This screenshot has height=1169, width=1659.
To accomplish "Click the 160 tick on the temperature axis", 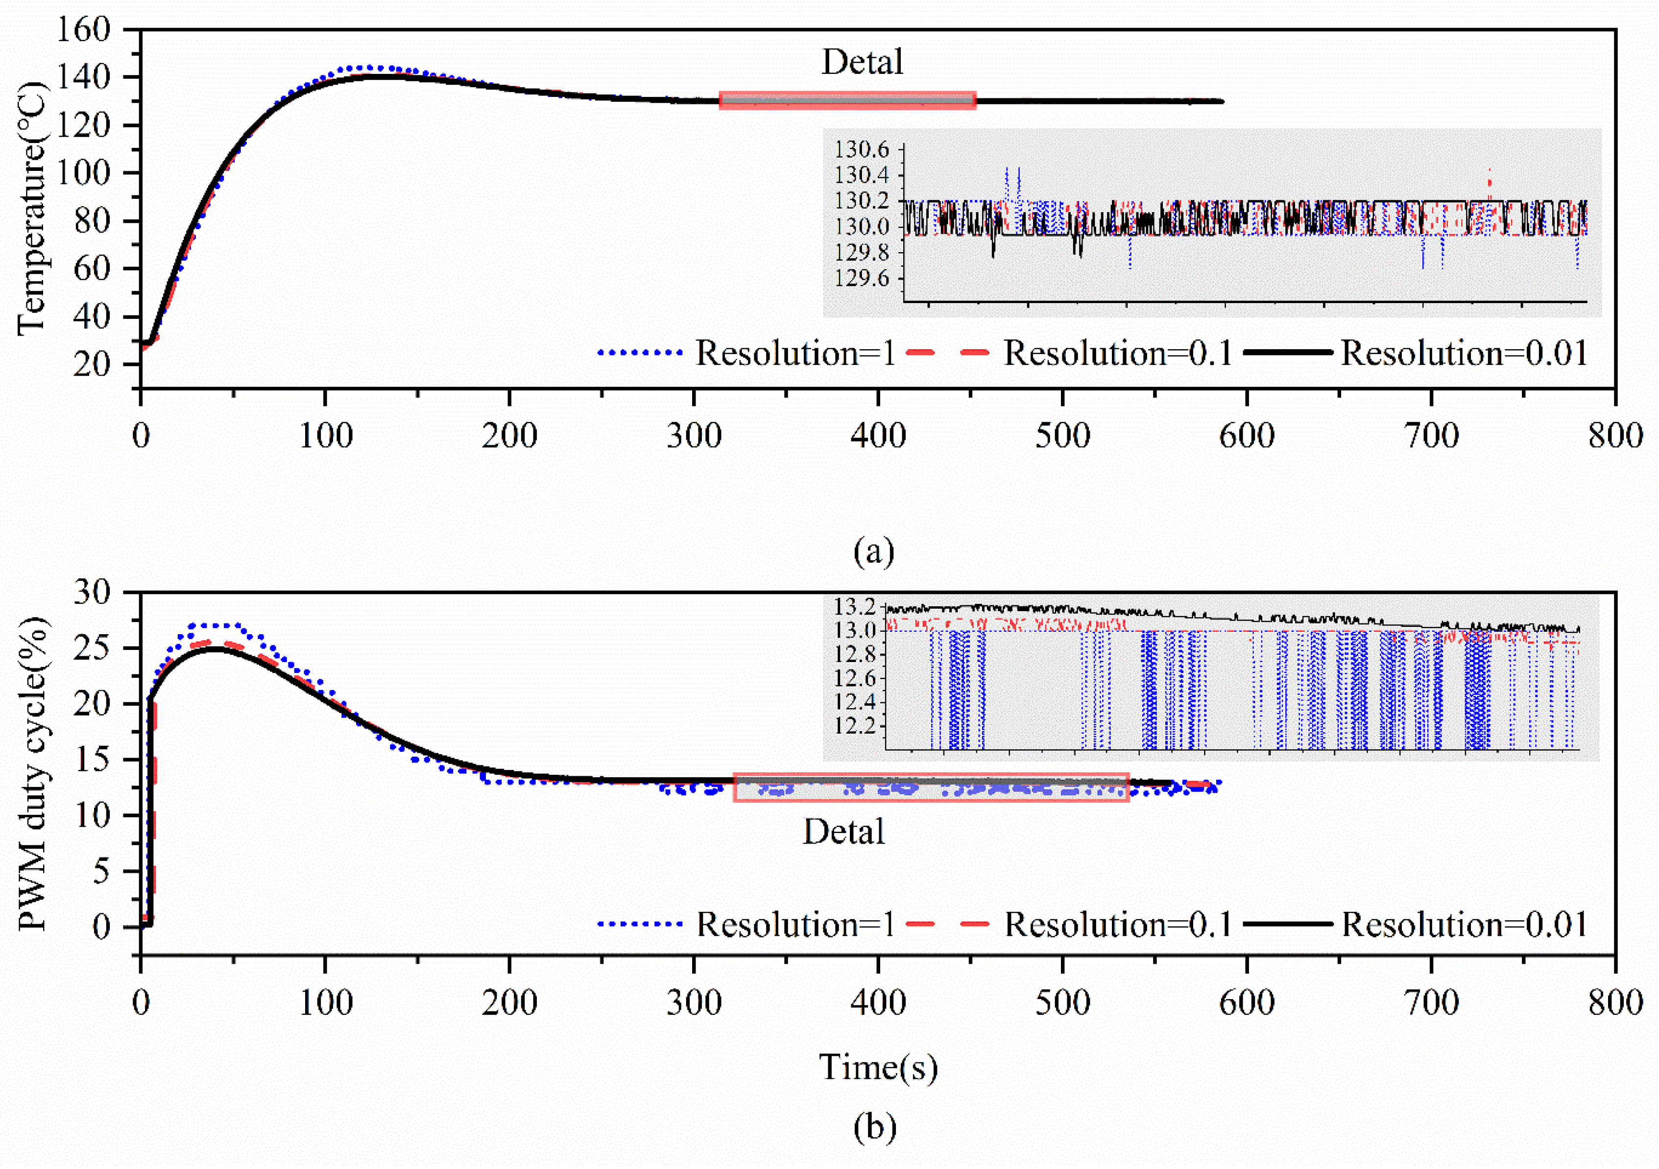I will pyautogui.click(x=83, y=30).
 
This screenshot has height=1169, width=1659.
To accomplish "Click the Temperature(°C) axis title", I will pyautogui.click(x=32, y=210).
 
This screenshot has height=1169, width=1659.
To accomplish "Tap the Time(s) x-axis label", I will pyautogui.click(x=878, y=1068).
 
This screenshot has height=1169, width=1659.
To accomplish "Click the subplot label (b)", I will pyautogui.click(x=874, y=1127).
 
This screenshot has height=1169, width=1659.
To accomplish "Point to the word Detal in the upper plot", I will pyautogui.click(x=862, y=62).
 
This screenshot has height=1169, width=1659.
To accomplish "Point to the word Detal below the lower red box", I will pyautogui.click(x=843, y=832).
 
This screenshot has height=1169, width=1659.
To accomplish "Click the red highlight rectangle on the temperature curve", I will pyautogui.click(x=847, y=100).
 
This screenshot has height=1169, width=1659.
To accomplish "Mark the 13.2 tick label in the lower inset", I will pyautogui.click(x=855, y=606).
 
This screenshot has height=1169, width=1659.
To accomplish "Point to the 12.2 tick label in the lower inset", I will pyautogui.click(x=855, y=725).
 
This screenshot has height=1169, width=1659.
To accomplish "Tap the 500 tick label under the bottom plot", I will pyautogui.click(x=1062, y=1003).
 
